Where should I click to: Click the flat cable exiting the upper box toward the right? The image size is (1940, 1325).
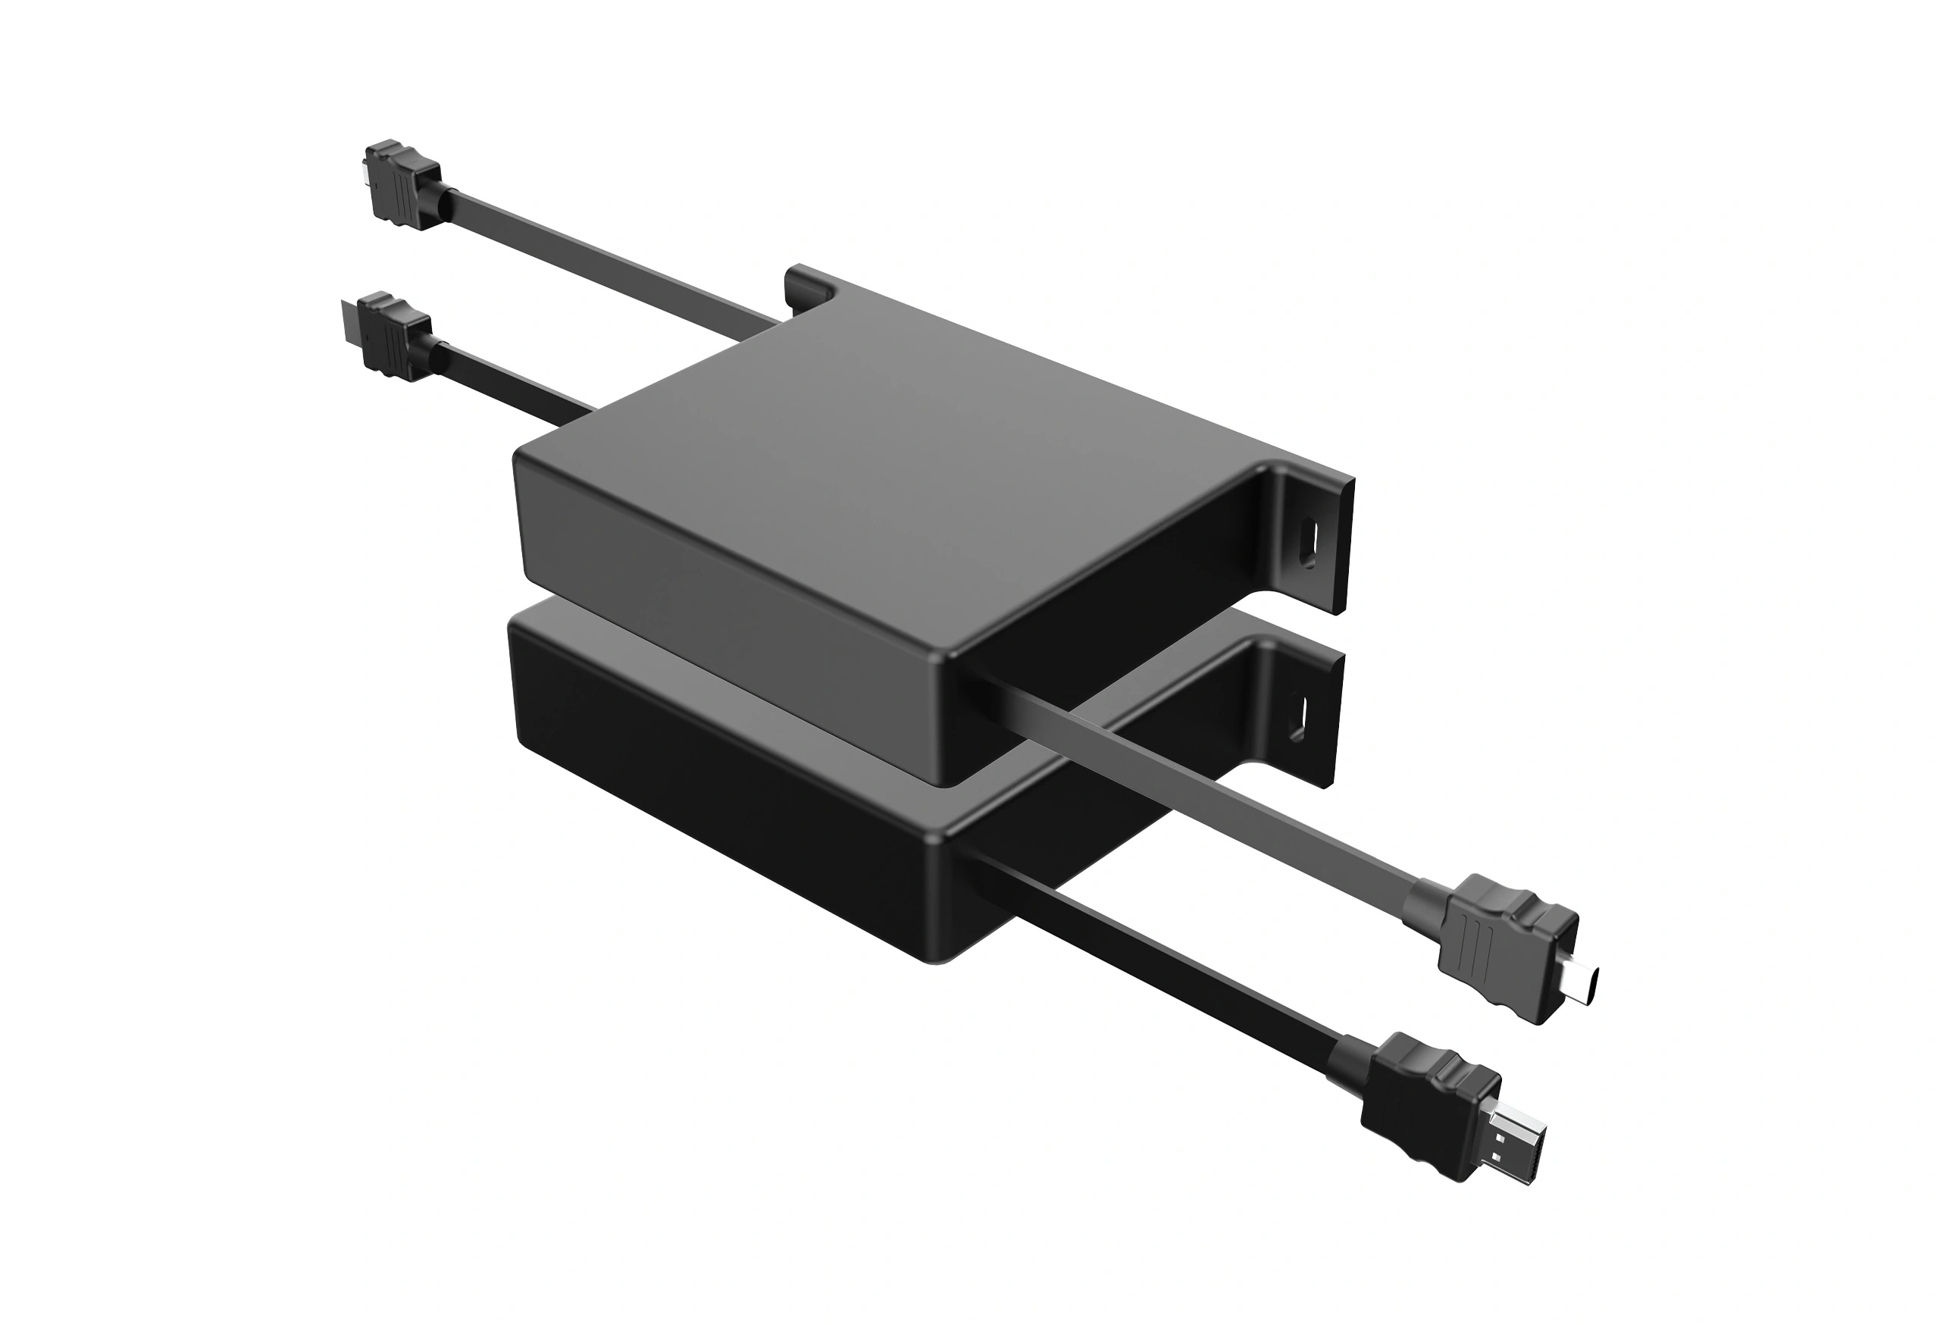(x=1210, y=801)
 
